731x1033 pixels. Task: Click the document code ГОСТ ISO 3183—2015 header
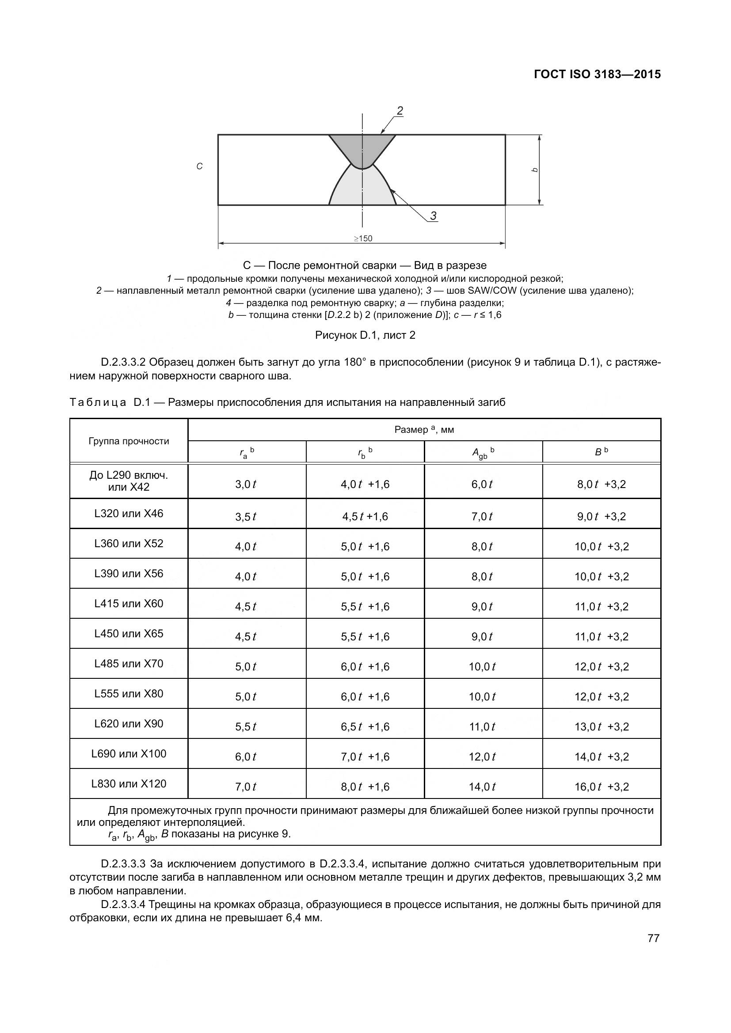[597, 74]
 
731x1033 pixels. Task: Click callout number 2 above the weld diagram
[399, 110]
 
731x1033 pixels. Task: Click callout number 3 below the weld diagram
[433, 216]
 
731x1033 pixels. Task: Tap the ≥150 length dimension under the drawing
[363, 238]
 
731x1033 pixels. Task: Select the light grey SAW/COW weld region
[362, 189]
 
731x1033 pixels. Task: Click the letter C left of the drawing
[199, 166]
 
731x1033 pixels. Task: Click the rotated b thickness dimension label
[535, 170]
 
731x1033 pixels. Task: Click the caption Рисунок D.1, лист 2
[365, 335]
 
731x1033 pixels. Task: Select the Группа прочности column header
[129, 441]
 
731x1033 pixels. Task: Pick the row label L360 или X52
[129, 544]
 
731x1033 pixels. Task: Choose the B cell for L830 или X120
[602, 787]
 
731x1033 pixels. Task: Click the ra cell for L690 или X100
[246, 757]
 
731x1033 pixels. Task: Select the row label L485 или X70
[129, 664]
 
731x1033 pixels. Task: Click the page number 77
[653, 938]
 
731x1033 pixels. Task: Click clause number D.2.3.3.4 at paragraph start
[123, 904]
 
